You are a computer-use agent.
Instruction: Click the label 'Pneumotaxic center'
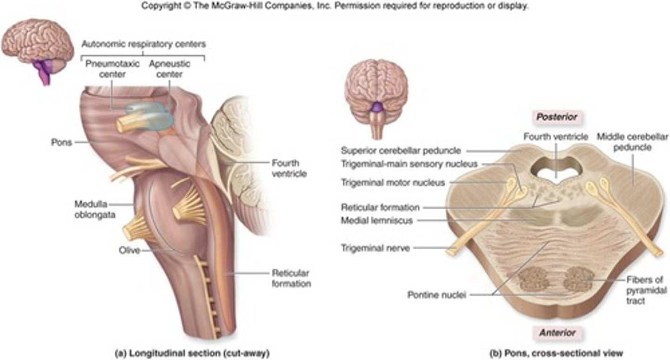click(x=112, y=69)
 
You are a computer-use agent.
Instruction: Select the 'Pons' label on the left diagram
click(x=61, y=142)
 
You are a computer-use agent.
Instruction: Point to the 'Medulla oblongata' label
click(x=94, y=210)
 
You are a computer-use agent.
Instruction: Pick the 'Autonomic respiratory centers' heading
click(x=143, y=45)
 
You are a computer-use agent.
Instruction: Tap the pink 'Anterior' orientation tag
click(x=557, y=333)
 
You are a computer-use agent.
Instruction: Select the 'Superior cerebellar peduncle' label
click(x=401, y=150)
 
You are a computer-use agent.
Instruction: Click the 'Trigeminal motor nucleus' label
click(x=393, y=183)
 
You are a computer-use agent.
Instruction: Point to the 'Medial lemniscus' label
click(x=376, y=221)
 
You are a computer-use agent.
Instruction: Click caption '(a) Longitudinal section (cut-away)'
click(x=192, y=353)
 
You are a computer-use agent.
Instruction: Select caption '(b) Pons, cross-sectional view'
click(x=555, y=353)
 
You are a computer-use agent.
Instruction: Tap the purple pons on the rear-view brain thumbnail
click(x=377, y=108)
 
